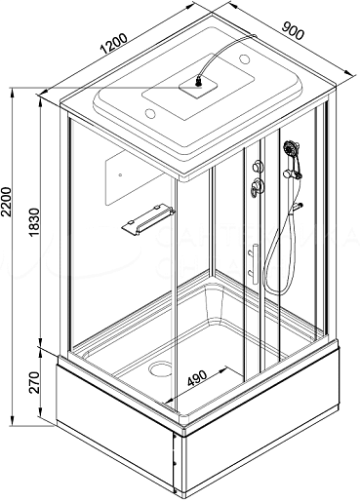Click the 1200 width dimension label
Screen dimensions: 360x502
(113, 44)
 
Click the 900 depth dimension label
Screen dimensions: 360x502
(293, 30)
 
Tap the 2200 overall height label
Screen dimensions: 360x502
(6, 202)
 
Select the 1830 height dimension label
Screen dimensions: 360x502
(34, 222)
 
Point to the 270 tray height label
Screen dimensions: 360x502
(34, 382)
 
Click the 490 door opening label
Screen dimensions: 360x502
(197, 378)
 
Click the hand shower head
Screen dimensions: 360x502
(292, 150)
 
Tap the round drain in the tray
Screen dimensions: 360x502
(160, 369)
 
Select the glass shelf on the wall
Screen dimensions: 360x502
(148, 218)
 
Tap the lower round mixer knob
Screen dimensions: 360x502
(258, 187)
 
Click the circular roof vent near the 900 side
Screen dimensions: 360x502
(244, 58)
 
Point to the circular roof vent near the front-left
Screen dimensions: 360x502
(150, 113)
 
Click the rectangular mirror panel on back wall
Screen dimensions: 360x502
(135, 177)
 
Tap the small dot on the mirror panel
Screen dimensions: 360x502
(120, 174)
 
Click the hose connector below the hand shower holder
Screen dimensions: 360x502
(298, 206)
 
